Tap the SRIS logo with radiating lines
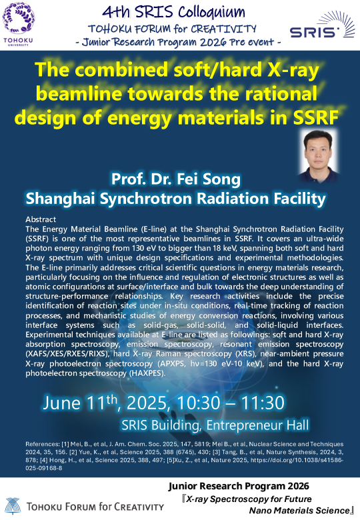[x=317, y=25]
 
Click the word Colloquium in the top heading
[x=211, y=13]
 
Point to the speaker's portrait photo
[x=317, y=156]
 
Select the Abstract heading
[x=41, y=219]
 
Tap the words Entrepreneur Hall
[x=257, y=425]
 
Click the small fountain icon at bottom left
[x=13, y=506]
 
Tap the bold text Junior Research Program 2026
[x=239, y=486]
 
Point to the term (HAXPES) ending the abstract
[x=147, y=373]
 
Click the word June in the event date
[x=61, y=403]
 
